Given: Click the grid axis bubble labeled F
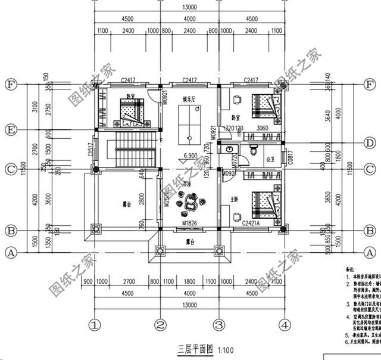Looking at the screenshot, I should [10, 85].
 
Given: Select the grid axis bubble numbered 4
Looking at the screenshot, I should [286, 325].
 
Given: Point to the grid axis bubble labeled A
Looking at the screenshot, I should [10, 252].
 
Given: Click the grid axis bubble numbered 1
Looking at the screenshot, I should [93, 325].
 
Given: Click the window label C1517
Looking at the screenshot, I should [90, 154].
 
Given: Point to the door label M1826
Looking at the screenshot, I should [189, 223].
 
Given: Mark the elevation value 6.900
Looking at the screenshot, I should [190, 156].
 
